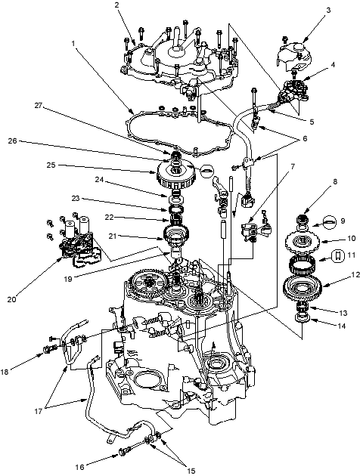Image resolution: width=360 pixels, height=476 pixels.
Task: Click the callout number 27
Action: pos(39,105)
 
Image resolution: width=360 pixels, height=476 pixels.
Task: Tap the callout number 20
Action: pos(12,299)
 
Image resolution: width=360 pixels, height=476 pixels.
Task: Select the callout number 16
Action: pos(79,467)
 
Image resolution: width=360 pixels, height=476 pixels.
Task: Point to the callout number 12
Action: pos(355,275)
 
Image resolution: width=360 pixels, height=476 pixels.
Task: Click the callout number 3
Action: pos(328,10)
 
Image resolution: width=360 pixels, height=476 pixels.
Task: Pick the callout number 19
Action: pos(68,279)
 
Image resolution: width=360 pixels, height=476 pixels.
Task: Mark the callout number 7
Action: pos(293,166)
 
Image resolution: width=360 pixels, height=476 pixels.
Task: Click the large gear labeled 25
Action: pos(175,175)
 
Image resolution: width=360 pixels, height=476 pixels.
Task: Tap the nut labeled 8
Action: pos(303,218)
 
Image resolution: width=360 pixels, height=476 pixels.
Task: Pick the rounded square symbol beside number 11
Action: pos(337,255)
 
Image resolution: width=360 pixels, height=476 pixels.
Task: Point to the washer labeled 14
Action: pos(303,318)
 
